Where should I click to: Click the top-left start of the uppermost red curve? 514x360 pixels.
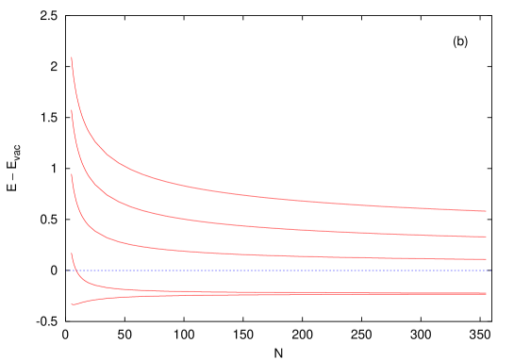click(72, 58)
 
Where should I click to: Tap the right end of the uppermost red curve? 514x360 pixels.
click(486, 211)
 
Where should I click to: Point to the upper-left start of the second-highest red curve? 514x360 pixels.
click(72, 110)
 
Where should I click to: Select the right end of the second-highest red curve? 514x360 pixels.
click(486, 237)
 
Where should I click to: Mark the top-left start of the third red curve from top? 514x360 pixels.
click(72, 174)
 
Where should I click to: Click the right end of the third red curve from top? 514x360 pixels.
click(486, 259)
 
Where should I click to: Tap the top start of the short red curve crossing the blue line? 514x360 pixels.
click(72, 253)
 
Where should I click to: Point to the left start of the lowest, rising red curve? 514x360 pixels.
click(72, 304)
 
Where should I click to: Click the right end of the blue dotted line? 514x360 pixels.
click(489, 270)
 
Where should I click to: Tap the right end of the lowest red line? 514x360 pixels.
click(486, 294)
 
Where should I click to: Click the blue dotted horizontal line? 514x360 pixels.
click(283, 270)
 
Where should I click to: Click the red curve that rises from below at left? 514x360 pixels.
click(104, 299)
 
